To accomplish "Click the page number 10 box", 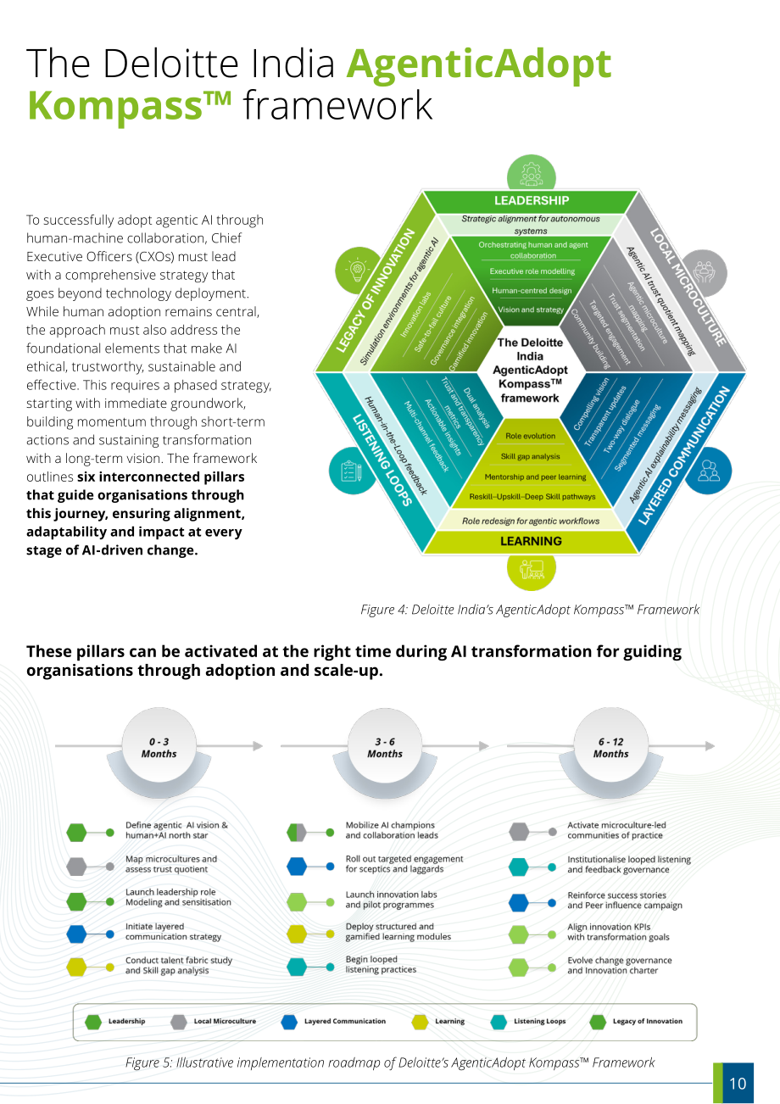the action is pos(733,1083).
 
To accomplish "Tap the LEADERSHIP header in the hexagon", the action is pos(532,201).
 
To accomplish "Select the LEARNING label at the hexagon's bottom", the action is pos(531,541).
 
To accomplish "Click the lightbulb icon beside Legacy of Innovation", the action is pos(359,270).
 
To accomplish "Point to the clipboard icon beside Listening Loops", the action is pos(352,471).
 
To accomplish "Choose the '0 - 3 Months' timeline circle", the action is pos(159,747).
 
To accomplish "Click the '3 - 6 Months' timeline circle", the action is pos(385,747).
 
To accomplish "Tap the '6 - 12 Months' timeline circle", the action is pos(611,747).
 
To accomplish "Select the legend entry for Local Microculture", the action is pos(214,1021).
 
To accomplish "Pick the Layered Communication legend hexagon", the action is pos(289,1022).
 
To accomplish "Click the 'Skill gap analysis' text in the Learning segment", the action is pos(530,456).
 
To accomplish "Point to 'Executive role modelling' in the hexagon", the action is pos(532,271).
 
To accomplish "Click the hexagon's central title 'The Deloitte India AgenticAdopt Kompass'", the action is pos(530,370).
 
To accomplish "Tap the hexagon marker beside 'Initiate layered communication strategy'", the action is pos(76,934).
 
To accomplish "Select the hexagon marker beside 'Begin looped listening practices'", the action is pos(297,967).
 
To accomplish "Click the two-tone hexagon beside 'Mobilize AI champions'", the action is pos(297,833).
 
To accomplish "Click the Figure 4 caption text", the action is pos(530,610).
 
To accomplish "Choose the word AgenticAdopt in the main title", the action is pos(478,64).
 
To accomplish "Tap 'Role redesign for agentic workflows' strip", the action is pos(531,521).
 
